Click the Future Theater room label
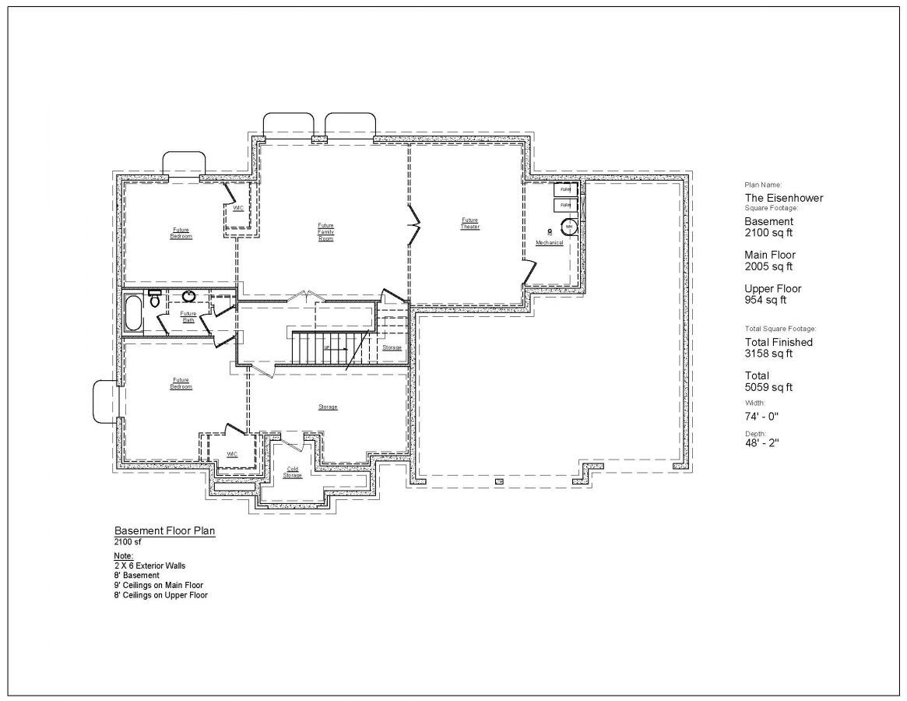click(x=469, y=223)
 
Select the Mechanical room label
click(x=549, y=243)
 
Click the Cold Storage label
click(x=293, y=472)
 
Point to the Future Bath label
click(x=188, y=317)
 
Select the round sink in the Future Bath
click(x=188, y=296)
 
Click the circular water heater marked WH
click(x=569, y=227)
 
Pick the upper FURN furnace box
click(x=565, y=189)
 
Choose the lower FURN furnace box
click(x=565, y=205)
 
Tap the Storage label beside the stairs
click(x=392, y=347)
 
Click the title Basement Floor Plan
click(x=164, y=530)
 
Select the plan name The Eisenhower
click(x=783, y=198)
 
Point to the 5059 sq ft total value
click(x=768, y=387)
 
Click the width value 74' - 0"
click(x=761, y=416)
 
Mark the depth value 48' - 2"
click(x=761, y=442)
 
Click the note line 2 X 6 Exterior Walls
click(x=149, y=565)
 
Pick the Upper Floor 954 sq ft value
click(x=765, y=300)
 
